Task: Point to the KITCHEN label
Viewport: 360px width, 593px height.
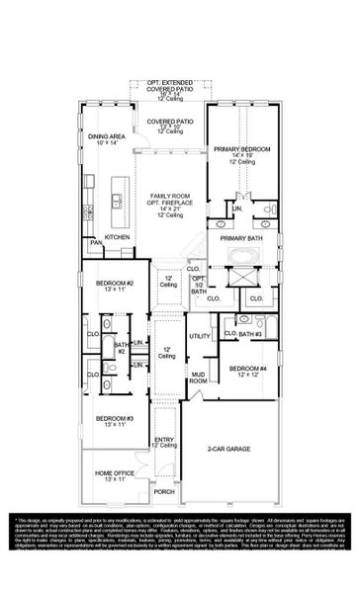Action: pos(118,237)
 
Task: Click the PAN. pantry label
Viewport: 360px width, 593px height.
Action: pos(96,242)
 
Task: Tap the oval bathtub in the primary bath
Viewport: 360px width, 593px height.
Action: pos(240,260)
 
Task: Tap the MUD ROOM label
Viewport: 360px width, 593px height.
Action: pos(198,377)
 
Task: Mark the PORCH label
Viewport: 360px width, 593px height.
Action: pos(164,491)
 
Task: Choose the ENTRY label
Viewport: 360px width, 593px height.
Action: pos(164,441)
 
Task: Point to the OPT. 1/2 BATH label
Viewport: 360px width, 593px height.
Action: pos(198,285)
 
